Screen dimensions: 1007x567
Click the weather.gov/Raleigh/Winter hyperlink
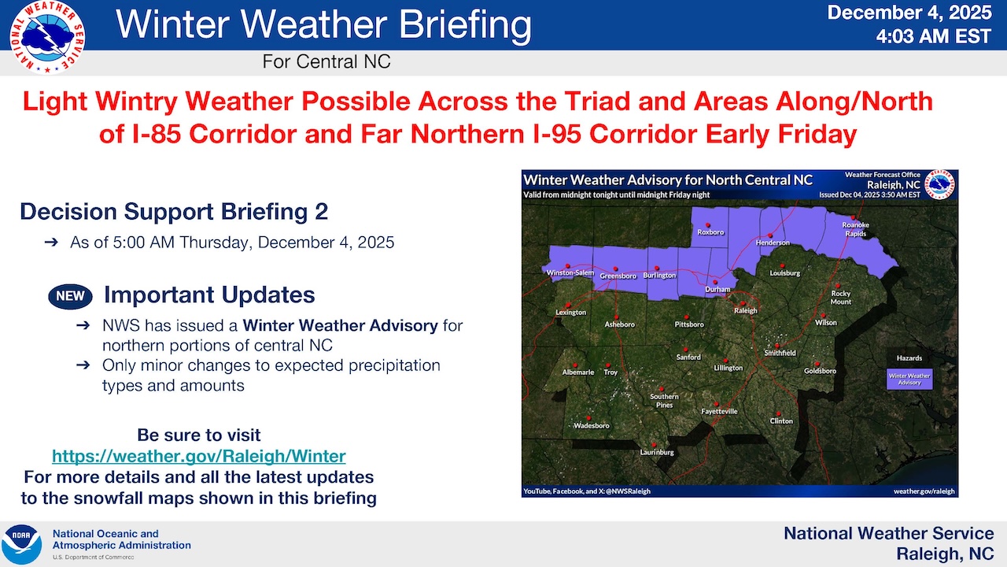[x=199, y=456]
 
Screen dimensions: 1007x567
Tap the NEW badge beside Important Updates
[x=70, y=297]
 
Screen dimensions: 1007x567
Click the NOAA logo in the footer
[x=21, y=544]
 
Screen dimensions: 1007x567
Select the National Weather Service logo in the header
[x=47, y=37]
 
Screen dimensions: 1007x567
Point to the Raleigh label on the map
[x=746, y=310]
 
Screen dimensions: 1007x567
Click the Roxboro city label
[x=710, y=232]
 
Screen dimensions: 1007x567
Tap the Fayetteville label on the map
[x=719, y=411]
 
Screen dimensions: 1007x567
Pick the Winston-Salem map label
[x=570, y=272]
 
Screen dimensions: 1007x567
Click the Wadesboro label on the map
[x=591, y=426]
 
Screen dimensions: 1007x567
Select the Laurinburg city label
[x=657, y=452]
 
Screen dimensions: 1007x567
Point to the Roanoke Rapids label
[x=855, y=229]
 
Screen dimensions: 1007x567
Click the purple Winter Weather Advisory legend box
[x=909, y=380]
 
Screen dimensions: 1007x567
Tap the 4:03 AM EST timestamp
[x=934, y=36]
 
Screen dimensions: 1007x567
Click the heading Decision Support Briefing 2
[x=174, y=212]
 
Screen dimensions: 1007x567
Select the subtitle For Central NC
[x=326, y=61]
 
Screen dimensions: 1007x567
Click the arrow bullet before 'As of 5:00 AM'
[x=51, y=243]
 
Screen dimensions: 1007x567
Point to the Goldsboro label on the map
[x=820, y=371]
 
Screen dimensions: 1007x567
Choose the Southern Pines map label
[x=664, y=401]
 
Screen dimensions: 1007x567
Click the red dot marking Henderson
[x=770, y=235]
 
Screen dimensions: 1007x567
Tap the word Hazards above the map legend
[x=909, y=358]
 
